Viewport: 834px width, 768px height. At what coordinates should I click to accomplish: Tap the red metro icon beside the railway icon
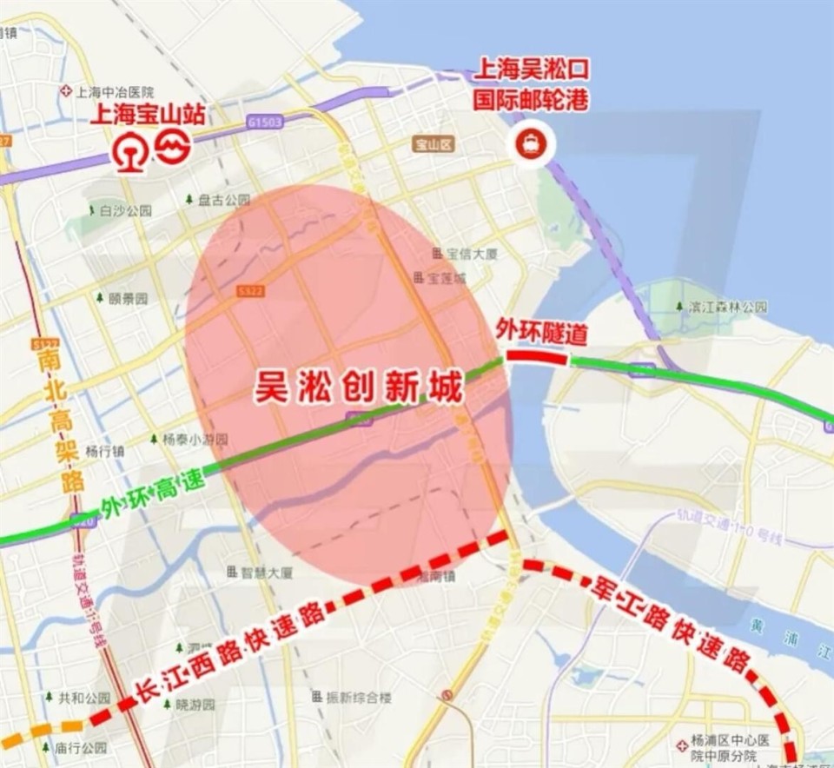(x=173, y=147)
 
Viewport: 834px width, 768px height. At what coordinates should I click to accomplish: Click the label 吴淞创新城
(x=358, y=388)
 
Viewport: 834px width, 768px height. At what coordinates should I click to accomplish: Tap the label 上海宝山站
(x=148, y=114)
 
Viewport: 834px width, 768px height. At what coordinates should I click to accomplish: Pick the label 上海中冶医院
(x=114, y=91)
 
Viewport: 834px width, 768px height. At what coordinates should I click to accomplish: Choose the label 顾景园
(x=128, y=298)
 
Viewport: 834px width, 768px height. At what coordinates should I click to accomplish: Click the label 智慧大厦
(x=267, y=573)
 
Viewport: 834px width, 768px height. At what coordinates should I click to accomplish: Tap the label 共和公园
(x=84, y=698)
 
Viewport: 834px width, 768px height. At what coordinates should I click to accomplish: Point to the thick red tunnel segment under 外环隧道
(x=536, y=355)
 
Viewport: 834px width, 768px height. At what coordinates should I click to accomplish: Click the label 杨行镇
(x=105, y=451)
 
